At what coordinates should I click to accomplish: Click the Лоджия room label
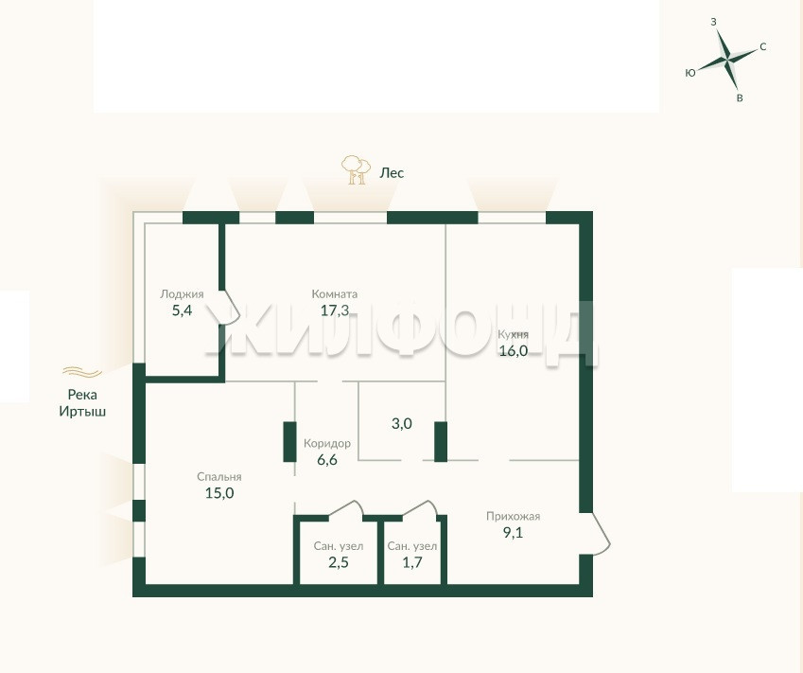(182, 294)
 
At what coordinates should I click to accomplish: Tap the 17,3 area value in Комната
(335, 310)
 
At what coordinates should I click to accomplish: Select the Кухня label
(514, 334)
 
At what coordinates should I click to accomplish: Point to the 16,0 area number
(514, 350)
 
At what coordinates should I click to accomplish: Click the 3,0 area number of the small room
(401, 424)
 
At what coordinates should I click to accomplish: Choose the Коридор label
(327, 443)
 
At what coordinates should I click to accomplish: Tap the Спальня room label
(219, 477)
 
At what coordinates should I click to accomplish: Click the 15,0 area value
(219, 493)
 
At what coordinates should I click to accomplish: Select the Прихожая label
(514, 516)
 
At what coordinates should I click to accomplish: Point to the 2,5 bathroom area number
(339, 562)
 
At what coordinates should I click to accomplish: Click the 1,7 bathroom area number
(412, 562)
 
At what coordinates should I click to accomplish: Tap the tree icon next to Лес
(356, 170)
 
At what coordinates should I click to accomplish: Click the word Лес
(392, 173)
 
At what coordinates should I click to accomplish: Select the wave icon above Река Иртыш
(82, 372)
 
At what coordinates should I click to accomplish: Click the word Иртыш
(82, 412)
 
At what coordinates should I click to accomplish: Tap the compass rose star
(727, 59)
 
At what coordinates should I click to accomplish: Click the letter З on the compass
(713, 22)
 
